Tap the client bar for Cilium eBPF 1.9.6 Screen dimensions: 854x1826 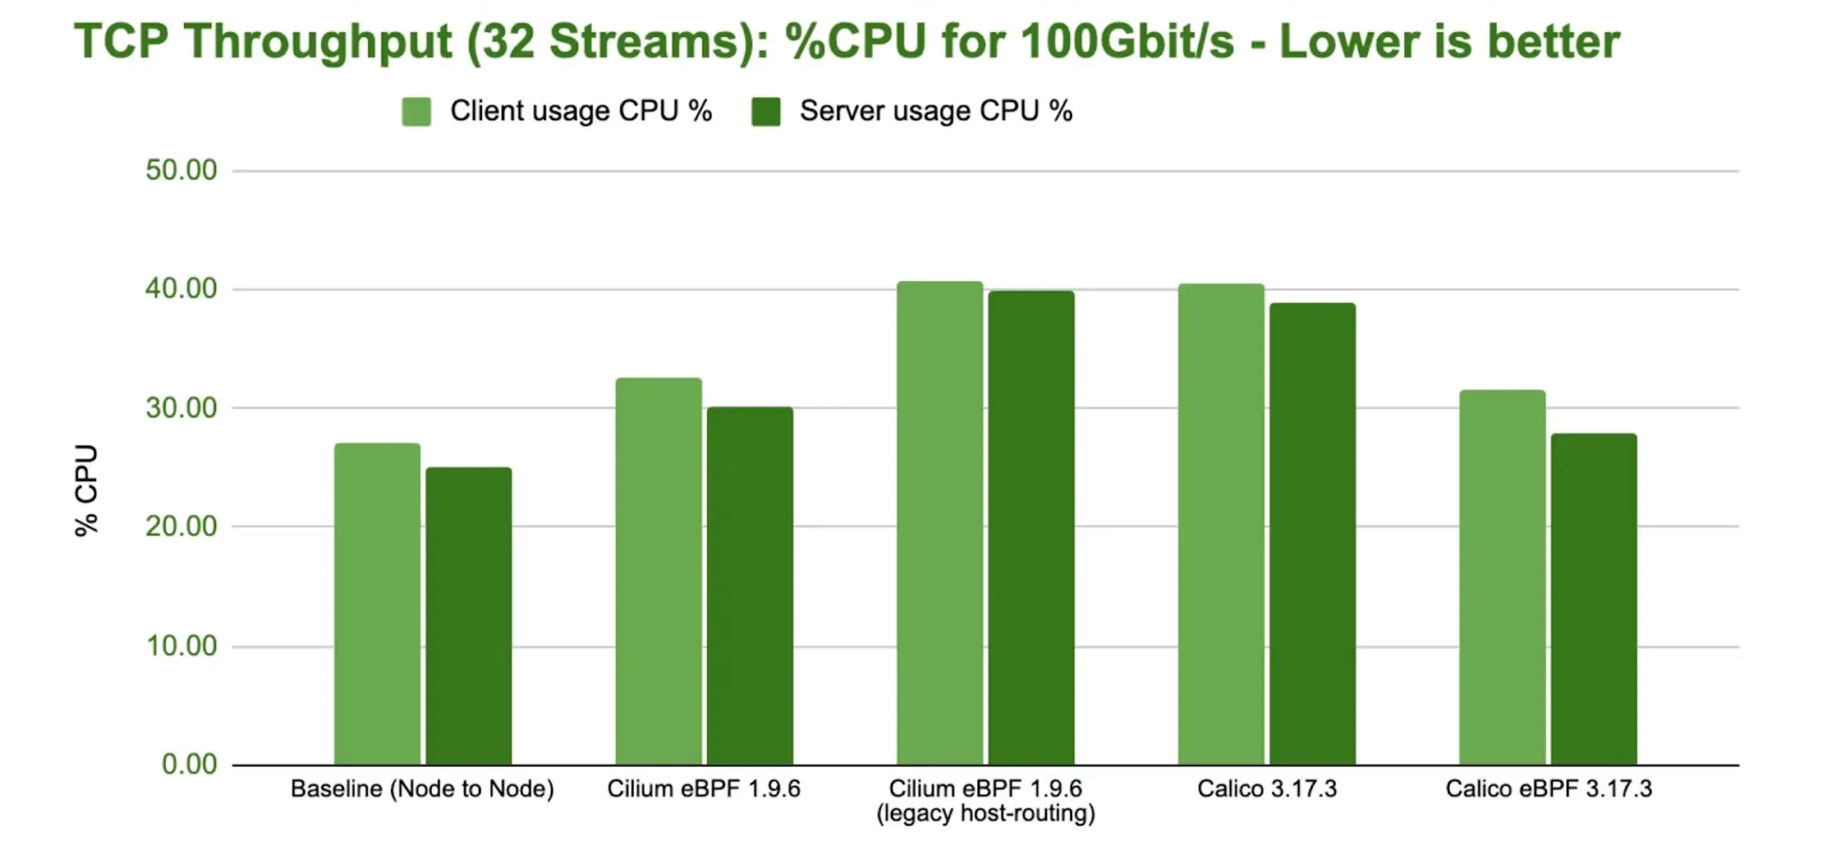click(x=658, y=571)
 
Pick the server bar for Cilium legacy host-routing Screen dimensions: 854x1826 click(x=1031, y=527)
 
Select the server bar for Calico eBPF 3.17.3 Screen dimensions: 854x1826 click(x=1593, y=599)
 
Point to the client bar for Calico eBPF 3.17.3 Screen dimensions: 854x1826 click(x=1502, y=577)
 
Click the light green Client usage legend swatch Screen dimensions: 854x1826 click(x=416, y=112)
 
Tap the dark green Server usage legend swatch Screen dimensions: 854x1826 click(x=765, y=112)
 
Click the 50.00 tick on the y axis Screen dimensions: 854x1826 click(x=181, y=171)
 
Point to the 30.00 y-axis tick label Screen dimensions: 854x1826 click(x=181, y=408)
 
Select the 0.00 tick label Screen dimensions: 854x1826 click(x=189, y=764)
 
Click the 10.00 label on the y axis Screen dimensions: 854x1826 click(x=181, y=646)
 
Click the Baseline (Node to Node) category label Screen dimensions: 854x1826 click(x=422, y=789)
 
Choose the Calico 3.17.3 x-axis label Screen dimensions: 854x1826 click(x=1267, y=789)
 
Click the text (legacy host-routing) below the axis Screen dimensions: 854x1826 click(x=985, y=813)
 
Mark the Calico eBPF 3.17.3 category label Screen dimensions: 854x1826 click(x=1549, y=789)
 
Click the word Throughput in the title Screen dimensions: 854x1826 click(x=318, y=41)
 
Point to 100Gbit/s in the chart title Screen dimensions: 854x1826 click(x=1127, y=41)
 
